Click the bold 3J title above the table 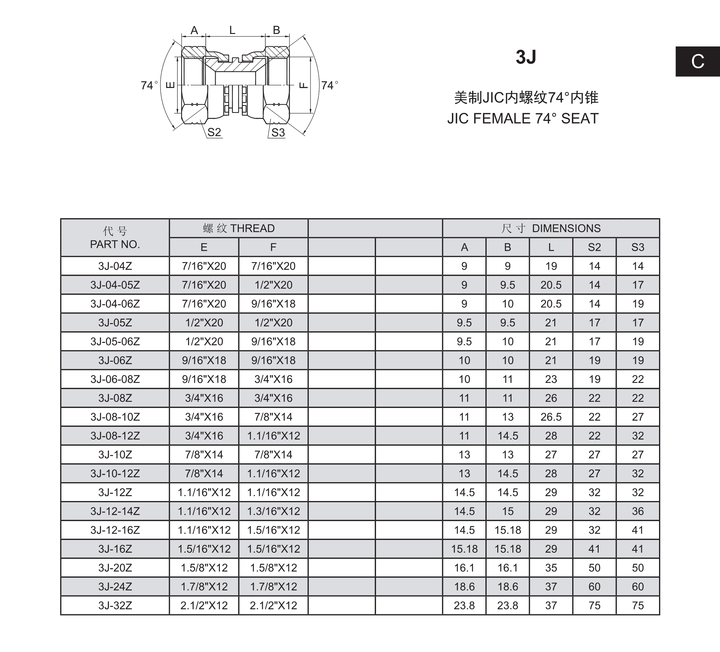[526, 57]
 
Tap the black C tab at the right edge [697, 62]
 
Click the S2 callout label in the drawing [214, 132]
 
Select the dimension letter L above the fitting [232, 30]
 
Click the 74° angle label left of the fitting [149, 85]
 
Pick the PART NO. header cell [115, 237]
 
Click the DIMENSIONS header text [566, 228]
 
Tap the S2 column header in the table [594, 247]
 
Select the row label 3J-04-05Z [115, 285]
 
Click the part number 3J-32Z [115, 606]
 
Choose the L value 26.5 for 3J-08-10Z [551, 417]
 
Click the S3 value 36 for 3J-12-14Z [638, 511]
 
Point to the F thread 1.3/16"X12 [273, 511]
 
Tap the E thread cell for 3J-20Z [204, 568]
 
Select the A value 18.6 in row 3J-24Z [464, 587]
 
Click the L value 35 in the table [551, 568]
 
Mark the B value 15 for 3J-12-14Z [507, 511]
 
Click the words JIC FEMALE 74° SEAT [523, 118]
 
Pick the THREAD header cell [239, 228]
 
